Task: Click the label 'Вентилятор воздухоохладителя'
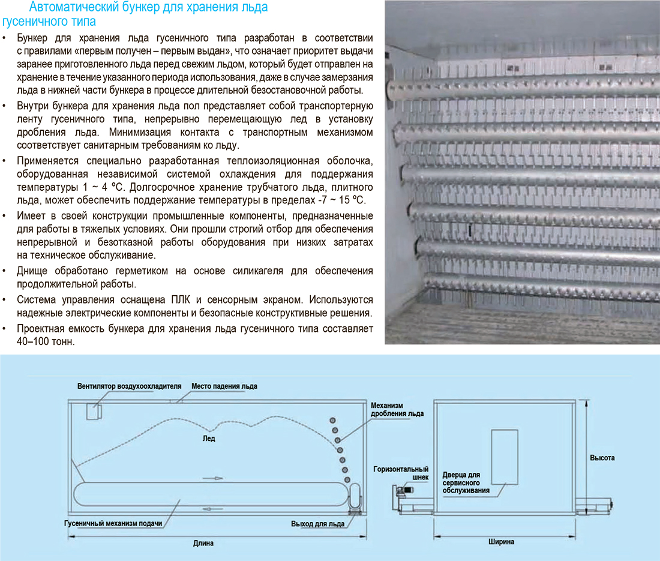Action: click(x=129, y=386)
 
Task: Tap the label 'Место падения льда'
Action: click(x=224, y=386)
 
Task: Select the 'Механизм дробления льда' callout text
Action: click(x=397, y=409)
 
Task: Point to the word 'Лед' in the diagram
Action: click(x=209, y=439)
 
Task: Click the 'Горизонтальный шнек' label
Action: click(x=401, y=473)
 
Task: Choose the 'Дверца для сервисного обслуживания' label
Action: click(x=466, y=483)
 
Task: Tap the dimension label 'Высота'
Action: click(x=602, y=458)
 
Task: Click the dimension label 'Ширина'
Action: click(x=502, y=542)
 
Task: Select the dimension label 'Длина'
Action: click(x=203, y=544)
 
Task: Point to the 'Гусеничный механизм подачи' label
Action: click(x=113, y=524)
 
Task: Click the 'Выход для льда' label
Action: click(x=318, y=524)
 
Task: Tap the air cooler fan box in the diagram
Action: click(x=94, y=412)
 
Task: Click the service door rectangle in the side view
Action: click(x=505, y=457)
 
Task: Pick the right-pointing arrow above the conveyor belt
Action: click(x=212, y=479)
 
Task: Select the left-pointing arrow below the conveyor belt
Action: click(x=212, y=509)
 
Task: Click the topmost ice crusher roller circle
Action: click(x=332, y=421)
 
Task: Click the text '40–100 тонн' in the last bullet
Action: click(x=46, y=341)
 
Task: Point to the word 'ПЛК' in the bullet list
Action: click(x=181, y=299)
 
